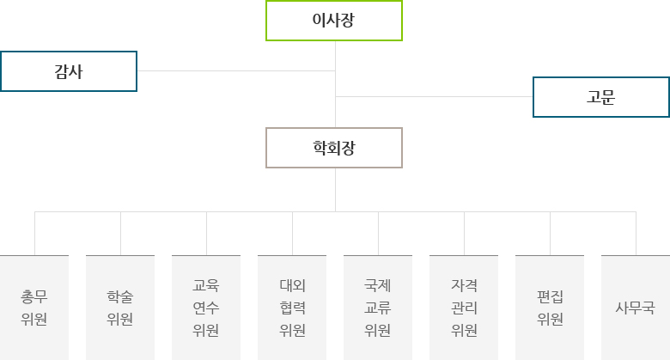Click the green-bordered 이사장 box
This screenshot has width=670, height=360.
334,21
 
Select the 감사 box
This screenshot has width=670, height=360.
69,71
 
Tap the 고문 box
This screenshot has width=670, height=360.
601,97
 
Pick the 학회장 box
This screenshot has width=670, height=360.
334,148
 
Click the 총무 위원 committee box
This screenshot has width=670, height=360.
34,308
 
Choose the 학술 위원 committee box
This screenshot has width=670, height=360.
120,308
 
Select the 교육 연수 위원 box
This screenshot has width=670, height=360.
206,308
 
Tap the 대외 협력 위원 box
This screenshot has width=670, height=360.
292,308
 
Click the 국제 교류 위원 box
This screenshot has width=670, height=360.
378,308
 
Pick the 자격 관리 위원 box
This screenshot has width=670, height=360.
464,308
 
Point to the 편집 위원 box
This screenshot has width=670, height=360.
550,308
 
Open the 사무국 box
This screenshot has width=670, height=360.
636,308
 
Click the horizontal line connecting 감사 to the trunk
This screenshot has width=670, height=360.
236,71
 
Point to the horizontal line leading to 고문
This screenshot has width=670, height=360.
434,96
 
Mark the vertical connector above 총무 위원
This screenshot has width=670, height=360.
34,234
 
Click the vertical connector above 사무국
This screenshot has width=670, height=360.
636,234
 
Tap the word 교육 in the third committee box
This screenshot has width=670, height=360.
206,285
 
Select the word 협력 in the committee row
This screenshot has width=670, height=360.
292,308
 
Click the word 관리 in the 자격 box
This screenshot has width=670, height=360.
464,308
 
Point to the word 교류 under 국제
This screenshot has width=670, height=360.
378,308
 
